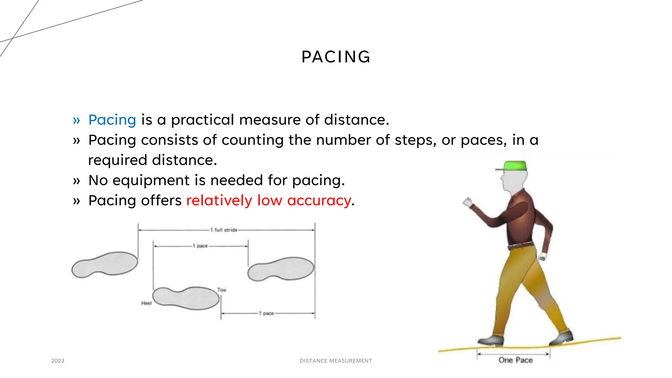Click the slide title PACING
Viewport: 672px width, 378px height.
click(x=336, y=57)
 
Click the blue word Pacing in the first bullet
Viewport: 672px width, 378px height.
click(x=112, y=120)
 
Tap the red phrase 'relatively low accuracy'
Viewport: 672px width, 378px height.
click(x=268, y=200)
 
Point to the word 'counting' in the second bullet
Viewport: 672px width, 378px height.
click(x=253, y=140)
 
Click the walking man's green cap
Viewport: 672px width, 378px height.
click(x=514, y=166)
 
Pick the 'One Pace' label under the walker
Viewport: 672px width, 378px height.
click(x=515, y=360)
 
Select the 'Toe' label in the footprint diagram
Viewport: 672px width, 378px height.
click(x=222, y=290)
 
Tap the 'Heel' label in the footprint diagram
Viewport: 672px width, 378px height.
click(x=146, y=303)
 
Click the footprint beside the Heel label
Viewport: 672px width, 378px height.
click(x=186, y=298)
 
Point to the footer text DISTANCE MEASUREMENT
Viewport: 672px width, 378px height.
click(x=336, y=361)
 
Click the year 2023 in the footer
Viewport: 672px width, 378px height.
click(x=58, y=361)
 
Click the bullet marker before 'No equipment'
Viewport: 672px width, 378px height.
click(x=76, y=181)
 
